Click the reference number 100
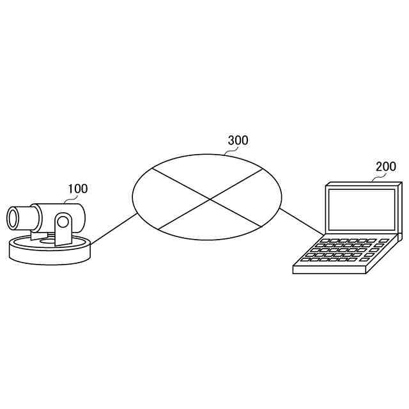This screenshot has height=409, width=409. [x=78, y=189]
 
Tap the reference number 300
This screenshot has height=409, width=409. [x=238, y=141]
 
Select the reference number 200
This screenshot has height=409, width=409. [x=385, y=166]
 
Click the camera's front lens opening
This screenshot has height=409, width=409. [x=13, y=217]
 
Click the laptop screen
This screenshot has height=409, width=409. [x=362, y=210]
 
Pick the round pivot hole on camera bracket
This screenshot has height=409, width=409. [x=63, y=223]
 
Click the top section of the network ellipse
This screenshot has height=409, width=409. [x=208, y=173]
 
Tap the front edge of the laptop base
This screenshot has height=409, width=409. [x=328, y=270]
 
